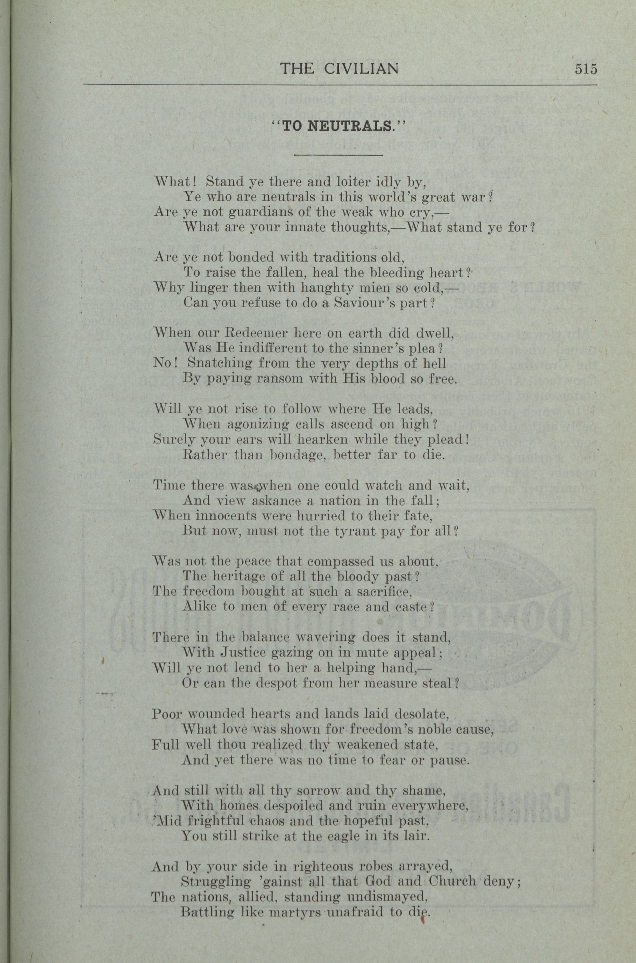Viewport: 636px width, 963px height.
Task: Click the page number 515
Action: (586, 69)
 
